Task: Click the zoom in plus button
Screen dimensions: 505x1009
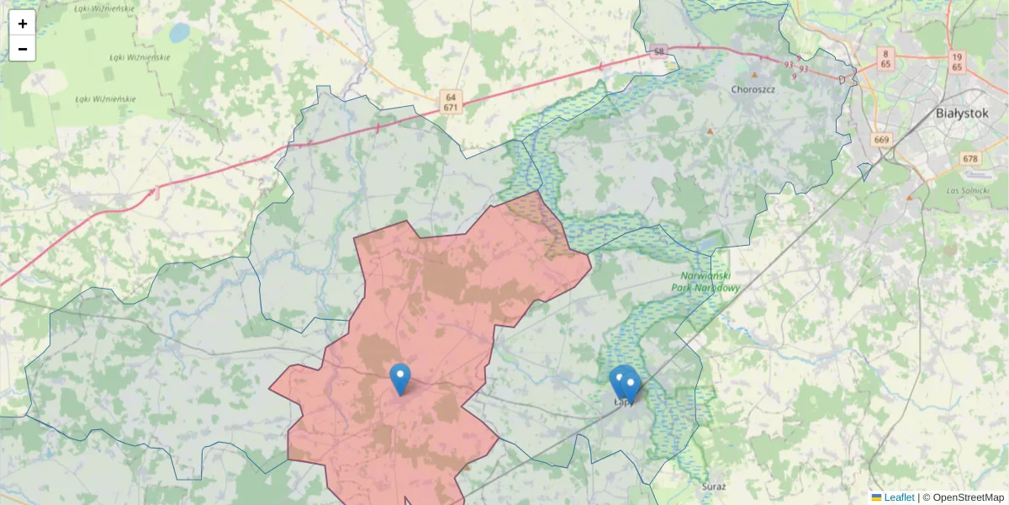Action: [23, 24]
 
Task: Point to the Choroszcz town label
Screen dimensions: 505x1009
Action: [753, 89]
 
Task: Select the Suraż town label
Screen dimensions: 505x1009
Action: [713, 486]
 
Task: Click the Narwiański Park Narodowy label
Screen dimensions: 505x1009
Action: [706, 282]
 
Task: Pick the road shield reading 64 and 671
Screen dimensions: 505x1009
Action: [452, 102]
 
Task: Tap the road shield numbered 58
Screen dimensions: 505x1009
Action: [659, 51]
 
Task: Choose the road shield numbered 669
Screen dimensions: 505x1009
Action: [881, 140]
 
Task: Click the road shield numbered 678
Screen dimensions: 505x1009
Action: [970, 158]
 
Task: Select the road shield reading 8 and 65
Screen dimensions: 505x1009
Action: [886, 58]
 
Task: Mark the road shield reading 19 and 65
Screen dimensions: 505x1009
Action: [957, 60]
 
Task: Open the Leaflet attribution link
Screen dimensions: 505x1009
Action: [899, 497]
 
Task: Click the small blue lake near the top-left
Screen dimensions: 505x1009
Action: [179, 33]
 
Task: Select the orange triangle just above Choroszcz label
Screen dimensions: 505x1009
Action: [754, 75]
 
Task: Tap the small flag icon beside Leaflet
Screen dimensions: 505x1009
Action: [876, 497]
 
